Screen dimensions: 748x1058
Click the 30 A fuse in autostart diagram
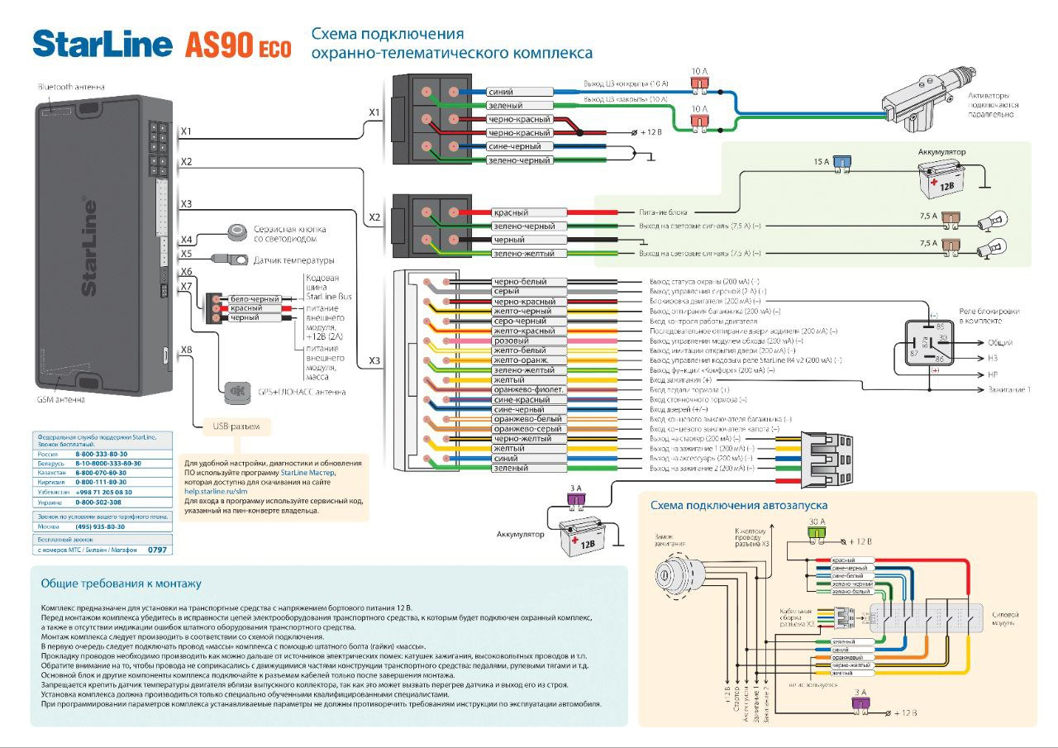(x=817, y=533)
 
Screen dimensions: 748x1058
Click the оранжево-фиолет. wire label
(x=529, y=389)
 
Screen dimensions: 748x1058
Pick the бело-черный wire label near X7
(x=255, y=298)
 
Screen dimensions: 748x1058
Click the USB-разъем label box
(x=237, y=426)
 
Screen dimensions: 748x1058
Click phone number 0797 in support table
(x=157, y=549)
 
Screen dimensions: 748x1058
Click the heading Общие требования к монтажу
(x=121, y=584)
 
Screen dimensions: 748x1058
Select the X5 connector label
(x=186, y=255)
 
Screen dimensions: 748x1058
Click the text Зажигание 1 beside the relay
(x=1009, y=389)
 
